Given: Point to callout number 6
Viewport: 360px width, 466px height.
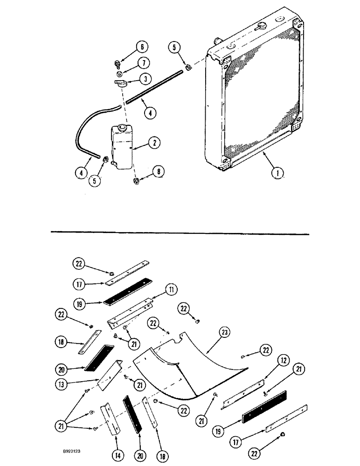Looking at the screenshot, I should pos(142,47).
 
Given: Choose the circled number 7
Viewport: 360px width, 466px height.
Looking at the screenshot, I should pos(144,63).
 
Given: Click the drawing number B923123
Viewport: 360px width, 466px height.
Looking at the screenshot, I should pos(68,452).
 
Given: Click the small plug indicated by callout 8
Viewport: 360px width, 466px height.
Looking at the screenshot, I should pos(137,181).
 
